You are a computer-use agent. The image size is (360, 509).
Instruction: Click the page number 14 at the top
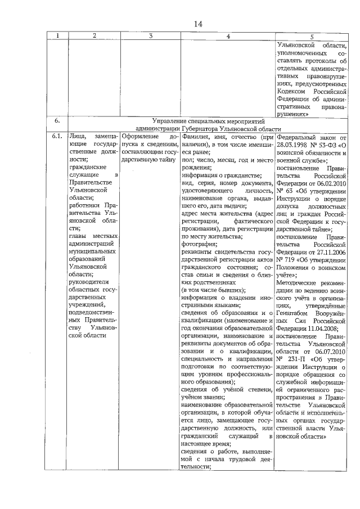point(197,23)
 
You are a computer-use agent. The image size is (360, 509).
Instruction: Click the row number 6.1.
point(57,137)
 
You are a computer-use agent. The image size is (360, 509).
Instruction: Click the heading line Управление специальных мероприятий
point(208,120)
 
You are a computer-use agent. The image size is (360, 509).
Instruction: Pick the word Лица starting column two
point(75,137)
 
